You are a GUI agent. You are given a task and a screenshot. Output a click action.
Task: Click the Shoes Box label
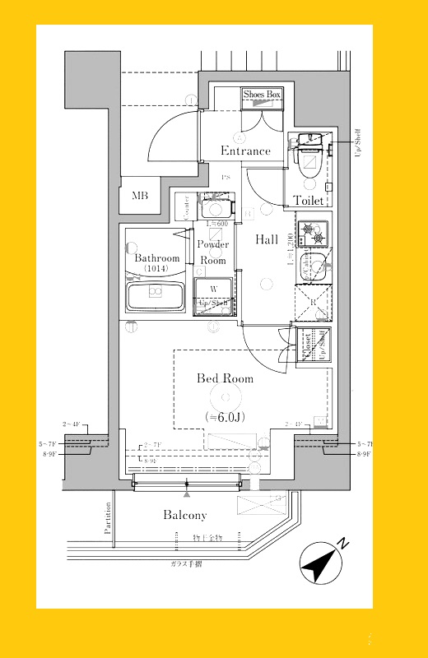point(262,95)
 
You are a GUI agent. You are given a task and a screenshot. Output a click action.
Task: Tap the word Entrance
point(245,151)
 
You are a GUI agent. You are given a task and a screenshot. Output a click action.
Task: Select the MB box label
point(139,196)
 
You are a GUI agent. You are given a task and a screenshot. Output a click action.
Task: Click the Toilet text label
point(309,200)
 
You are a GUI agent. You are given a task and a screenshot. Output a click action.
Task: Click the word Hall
point(266,240)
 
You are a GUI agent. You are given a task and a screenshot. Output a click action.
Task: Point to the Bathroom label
point(156,258)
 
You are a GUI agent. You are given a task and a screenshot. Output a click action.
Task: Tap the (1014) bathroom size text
point(156,270)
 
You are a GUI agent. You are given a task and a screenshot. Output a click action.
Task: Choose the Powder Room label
point(213,253)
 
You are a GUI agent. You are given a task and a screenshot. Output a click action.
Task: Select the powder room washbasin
point(214,209)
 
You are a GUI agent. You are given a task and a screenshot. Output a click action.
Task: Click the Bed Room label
point(225,379)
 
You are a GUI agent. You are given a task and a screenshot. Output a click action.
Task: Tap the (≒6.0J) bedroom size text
point(225,418)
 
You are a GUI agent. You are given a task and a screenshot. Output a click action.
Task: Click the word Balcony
point(184,516)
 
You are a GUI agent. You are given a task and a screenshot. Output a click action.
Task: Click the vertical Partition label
point(108,519)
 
